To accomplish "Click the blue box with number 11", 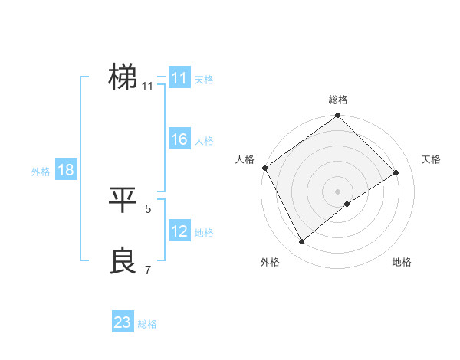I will pos(179,78).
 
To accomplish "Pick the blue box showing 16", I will pos(179,140).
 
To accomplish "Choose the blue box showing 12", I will pos(179,231).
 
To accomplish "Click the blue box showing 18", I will pos(66,170).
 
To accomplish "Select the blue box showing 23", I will pos(123,322).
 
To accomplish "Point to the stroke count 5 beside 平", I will pos(148,208).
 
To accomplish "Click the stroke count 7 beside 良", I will pos(148,270).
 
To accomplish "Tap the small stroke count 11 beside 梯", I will pos(147,86).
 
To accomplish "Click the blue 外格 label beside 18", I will pos(41,172).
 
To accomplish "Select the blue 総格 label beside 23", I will pos(147,324).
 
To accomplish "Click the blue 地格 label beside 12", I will pos(204,233).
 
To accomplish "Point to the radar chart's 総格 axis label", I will pos(338,100).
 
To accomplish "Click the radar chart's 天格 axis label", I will pos(432,159).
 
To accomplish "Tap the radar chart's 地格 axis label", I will pos(402,263).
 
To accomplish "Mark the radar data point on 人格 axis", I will pos(264,168).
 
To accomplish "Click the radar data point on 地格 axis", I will pos(347,204).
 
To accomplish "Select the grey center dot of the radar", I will pos(337,191).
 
